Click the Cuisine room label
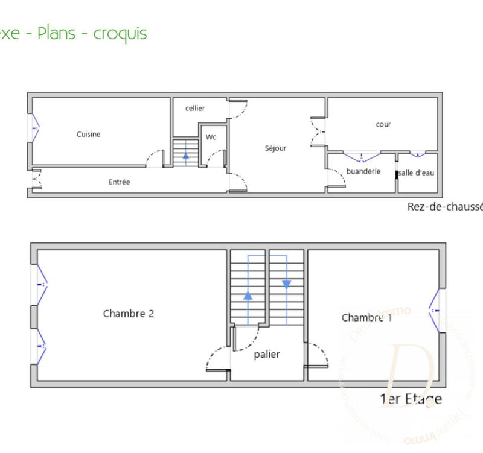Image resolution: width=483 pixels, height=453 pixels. [88, 134]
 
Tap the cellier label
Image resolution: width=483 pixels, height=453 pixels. [195, 108]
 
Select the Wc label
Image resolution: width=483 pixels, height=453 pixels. [211, 137]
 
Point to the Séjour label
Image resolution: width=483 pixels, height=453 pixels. [275, 148]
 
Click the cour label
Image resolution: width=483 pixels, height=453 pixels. [383, 124]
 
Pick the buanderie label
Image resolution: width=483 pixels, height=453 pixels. [363, 171]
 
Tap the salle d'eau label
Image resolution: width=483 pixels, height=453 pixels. [417, 173]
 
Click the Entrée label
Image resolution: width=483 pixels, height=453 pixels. [119, 182]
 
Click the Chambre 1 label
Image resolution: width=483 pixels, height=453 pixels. [366, 317]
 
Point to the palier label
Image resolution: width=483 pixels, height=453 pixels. [267, 354]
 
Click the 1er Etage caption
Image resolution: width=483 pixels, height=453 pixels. [411, 398]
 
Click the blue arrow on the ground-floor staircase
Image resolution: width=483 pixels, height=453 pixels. [185, 155]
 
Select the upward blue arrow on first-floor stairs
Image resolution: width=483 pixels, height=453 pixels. [248, 296]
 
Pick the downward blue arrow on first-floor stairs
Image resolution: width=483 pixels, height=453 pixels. [286, 284]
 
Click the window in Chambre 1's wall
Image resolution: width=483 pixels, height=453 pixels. [436, 309]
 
